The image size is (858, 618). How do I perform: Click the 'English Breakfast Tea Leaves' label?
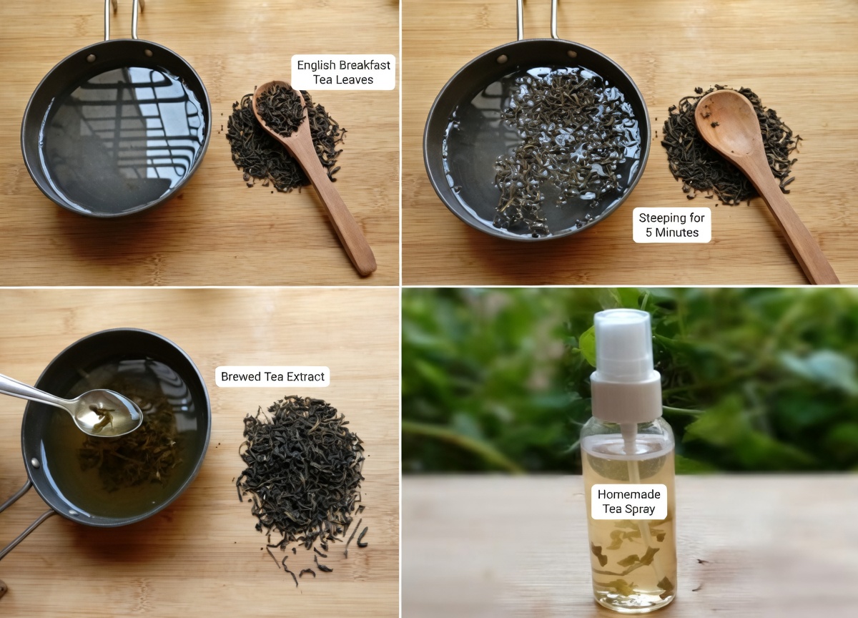344,72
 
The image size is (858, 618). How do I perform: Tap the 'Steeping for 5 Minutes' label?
671,225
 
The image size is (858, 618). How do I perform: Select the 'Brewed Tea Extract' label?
272,377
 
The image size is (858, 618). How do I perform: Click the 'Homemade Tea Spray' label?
628,501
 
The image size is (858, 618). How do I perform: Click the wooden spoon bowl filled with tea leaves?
280,108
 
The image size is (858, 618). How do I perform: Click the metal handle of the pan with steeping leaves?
536,18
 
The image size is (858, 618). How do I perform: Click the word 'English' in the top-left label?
316,65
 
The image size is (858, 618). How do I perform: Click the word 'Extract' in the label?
302,377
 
